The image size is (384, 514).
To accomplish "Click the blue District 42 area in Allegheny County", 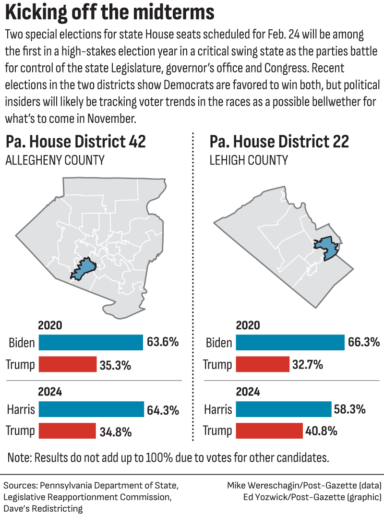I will pyautogui.click(x=84, y=269).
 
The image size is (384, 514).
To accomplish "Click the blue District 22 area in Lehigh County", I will pyautogui.click(x=326, y=248).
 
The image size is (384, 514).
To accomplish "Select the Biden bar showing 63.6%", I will pyautogui.click(x=91, y=343).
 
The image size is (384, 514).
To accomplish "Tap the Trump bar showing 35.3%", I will pyautogui.click(x=68, y=365).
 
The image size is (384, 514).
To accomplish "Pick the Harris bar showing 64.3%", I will pyautogui.click(x=91, y=410).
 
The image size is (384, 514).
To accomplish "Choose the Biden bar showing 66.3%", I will pyautogui.click(x=290, y=343).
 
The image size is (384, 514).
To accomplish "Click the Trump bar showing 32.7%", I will pyautogui.click(x=263, y=365).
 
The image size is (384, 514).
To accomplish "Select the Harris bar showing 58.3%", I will pyautogui.click(x=284, y=409).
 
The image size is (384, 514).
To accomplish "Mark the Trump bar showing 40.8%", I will pyautogui.click(x=269, y=431).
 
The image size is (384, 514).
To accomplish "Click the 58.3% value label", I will pyautogui.click(x=350, y=410).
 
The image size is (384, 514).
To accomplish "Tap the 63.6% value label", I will pyautogui.click(x=163, y=343).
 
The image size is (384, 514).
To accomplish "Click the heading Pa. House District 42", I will pyautogui.click(x=75, y=142).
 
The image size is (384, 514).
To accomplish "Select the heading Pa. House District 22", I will pyautogui.click(x=279, y=142).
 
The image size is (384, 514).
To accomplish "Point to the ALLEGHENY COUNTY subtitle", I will pyautogui.click(x=55, y=160).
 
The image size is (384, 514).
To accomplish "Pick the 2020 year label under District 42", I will pyautogui.click(x=50, y=325).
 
